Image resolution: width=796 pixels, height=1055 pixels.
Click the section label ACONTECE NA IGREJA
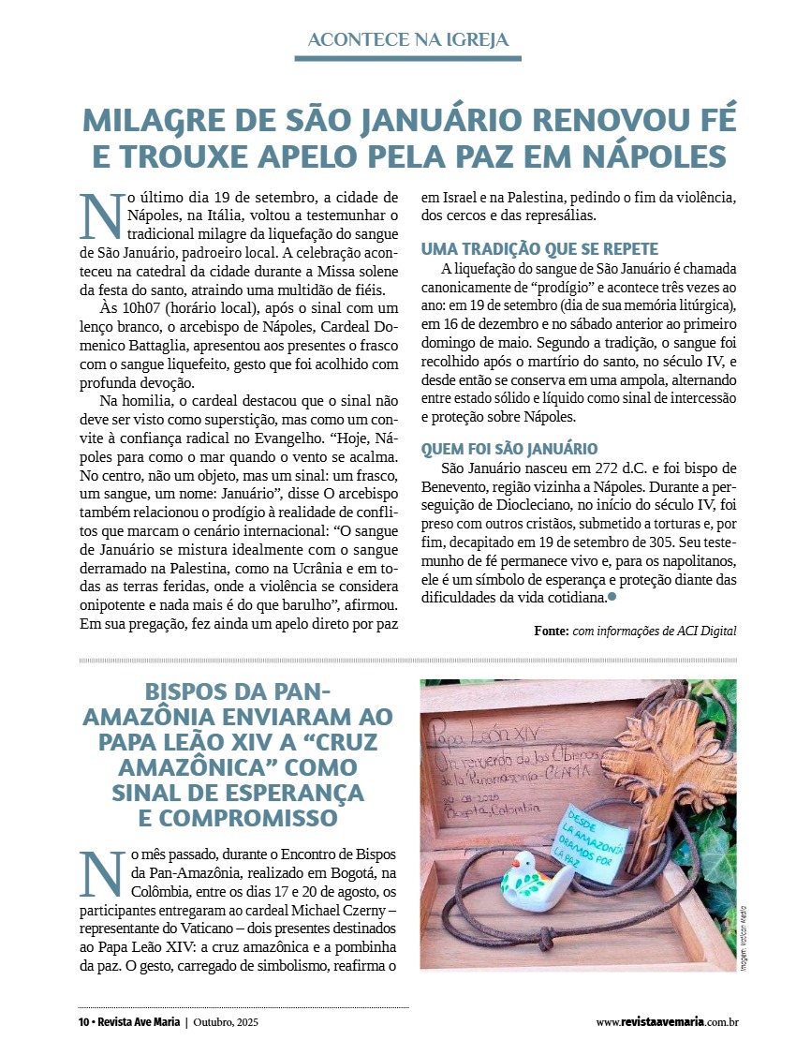[407, 39]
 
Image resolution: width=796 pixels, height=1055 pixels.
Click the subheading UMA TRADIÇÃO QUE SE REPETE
[540, 249]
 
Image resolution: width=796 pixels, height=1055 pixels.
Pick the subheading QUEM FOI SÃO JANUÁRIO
[509, 449]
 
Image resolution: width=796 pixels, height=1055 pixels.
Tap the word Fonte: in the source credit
[552, 631]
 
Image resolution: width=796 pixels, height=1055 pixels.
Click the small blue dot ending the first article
[612, 596]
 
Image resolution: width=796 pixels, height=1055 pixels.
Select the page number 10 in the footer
[83, 1022]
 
